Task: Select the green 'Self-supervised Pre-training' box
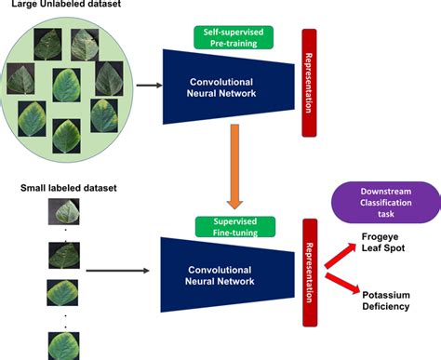pos(234,37)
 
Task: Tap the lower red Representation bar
pos(310,262)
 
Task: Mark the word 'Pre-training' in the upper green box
pos(234,43)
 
